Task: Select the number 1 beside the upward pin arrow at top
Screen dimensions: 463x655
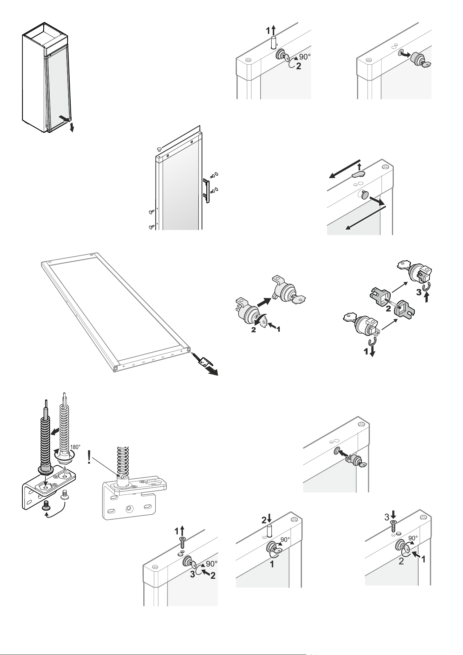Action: pyautogui.click(x=268, y=31)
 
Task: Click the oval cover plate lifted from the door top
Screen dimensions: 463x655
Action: pyautogui.click(x=358, y=174)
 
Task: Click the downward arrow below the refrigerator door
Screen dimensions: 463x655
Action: pyautogui.click(x=72, y=127)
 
